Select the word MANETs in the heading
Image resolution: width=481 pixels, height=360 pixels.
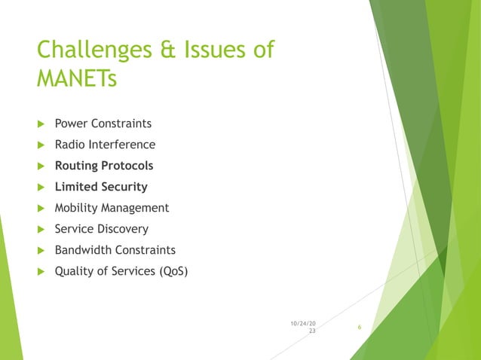click(x=77, y=78)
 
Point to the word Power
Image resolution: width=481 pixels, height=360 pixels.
click(x=72, y=124)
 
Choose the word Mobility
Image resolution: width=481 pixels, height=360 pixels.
click(x=78, y=208)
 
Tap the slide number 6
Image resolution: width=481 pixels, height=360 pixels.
click(x=360, y=327)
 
